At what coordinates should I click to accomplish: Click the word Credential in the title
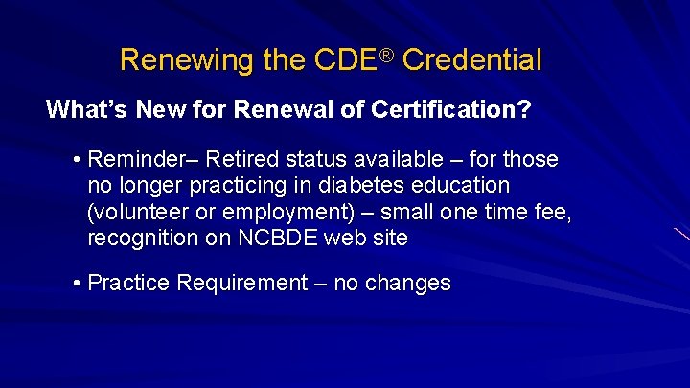[471, 61]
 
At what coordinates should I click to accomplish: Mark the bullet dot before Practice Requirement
[76, 284]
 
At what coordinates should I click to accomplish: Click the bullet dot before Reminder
[76, 157]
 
